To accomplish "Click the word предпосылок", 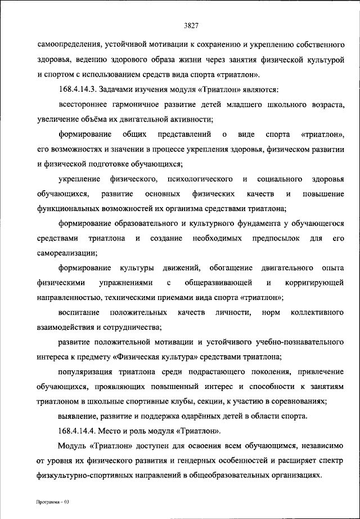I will (x=267, y=239).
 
